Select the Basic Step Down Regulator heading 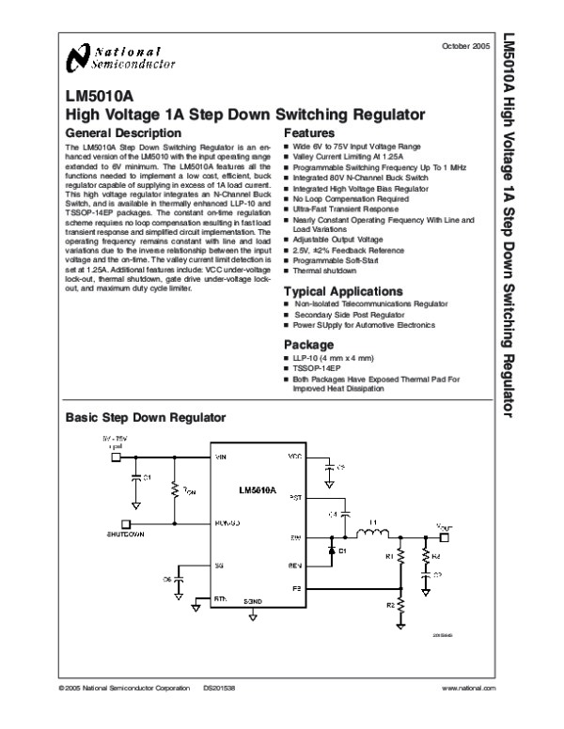click(145, 415)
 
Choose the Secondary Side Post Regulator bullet click(343, 315)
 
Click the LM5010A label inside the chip click(257, 490)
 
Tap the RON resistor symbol click(175, 491)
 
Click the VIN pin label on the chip click(222, 457)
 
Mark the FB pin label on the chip click(295, 588)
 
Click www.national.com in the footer click(467, 690)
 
